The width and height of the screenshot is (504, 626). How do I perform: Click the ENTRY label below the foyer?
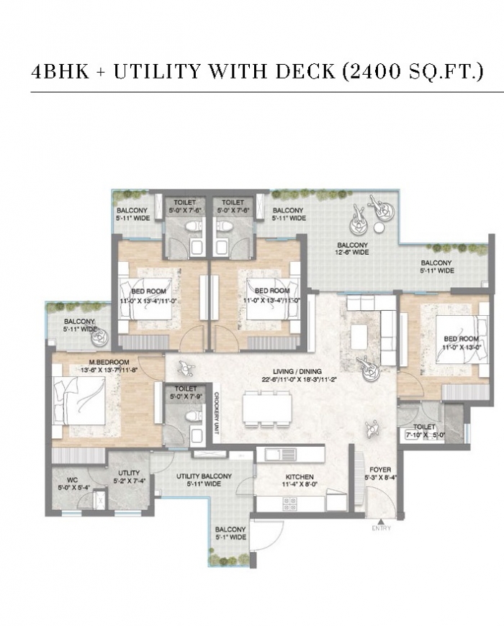(382, 528)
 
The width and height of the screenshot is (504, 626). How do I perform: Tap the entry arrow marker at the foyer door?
(382, 522)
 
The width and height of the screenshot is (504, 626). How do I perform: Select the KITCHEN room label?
(300, 476)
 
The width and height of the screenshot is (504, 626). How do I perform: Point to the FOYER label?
(380, 469)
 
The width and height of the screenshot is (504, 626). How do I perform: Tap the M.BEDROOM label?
(109, 362)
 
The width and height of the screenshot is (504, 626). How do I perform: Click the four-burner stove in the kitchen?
(290, 504)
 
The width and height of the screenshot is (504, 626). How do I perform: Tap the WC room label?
(73, 480)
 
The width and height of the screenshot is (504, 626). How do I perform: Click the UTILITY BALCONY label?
(204, 476)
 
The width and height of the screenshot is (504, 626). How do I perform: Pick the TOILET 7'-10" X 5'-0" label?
(424, 431)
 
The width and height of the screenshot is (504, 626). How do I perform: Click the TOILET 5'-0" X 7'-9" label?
(186, 393)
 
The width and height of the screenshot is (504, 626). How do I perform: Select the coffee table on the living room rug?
(359, 334)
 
